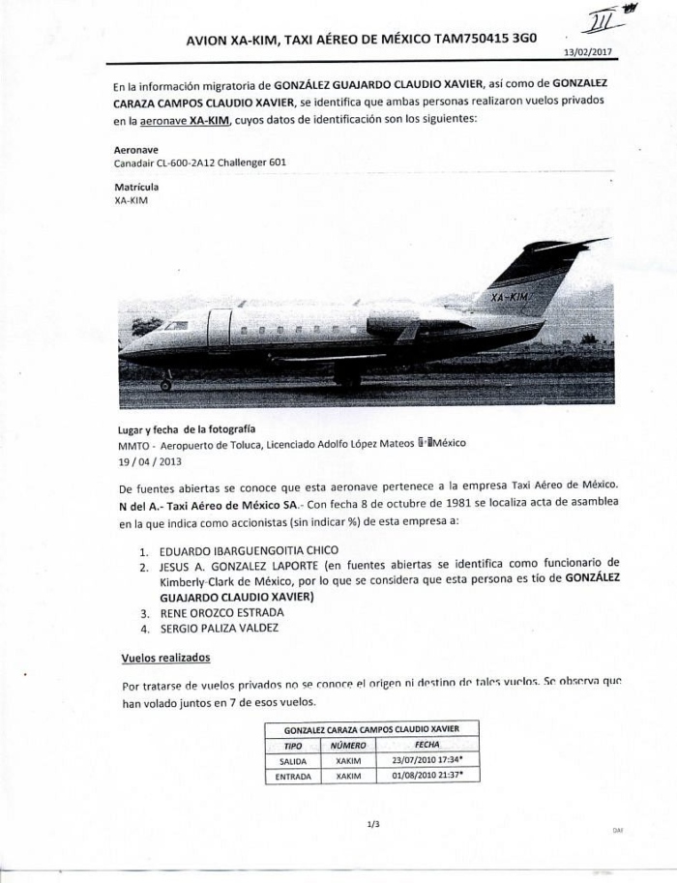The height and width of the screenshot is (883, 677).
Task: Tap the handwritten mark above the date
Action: [601, 19]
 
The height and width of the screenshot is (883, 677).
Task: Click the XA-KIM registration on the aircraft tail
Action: [510, 297]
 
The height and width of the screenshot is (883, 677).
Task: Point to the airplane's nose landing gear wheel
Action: [165, 385]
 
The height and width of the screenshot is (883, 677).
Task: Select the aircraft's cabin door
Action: [220, 329]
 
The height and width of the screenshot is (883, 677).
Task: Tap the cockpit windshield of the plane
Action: [176, 326]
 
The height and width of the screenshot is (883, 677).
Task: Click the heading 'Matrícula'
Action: [136, 187]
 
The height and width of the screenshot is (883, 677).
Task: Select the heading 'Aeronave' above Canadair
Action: [136, 150]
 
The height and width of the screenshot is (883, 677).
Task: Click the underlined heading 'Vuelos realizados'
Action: [165, 658]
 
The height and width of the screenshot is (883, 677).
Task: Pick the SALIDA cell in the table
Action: [292, 761]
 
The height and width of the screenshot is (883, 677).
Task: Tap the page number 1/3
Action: [373, 824]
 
